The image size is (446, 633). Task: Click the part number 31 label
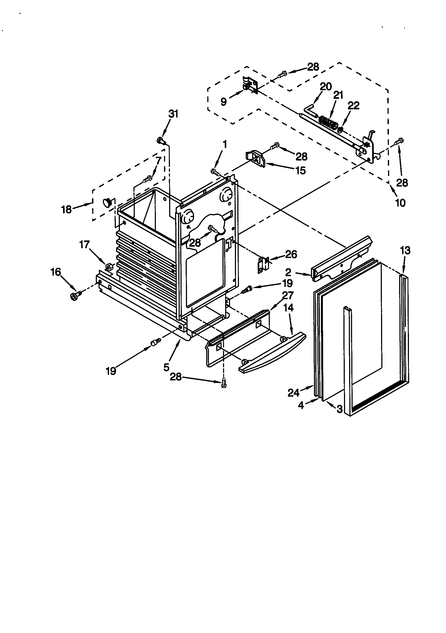click(173, 114)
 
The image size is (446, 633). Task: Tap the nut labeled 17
click(108, 267)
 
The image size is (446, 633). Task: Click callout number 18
click(66, 210)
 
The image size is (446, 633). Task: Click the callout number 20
click(326, 87)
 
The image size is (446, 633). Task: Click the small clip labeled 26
click(263, 265)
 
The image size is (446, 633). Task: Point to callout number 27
click(288, 295)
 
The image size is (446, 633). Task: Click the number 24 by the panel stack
click(294, 393)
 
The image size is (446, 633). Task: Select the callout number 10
click(400, 203)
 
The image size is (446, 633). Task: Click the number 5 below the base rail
click(166, 367)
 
